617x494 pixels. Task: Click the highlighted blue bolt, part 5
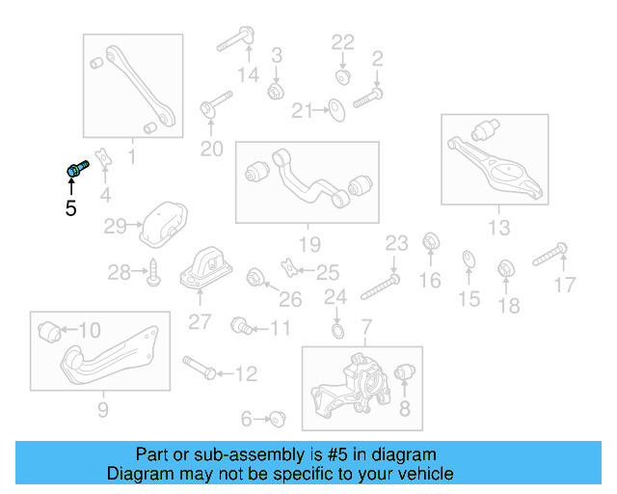tap(76, 170)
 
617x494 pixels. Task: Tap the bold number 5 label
tap(70, 206)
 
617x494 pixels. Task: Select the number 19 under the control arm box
tap(308, 243)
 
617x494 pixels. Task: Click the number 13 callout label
tap(498, 228)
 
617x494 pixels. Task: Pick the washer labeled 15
tap(469, 260)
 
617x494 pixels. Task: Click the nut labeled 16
tap(431, 241)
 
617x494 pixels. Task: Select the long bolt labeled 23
tap(380, 285)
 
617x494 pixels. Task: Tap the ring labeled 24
tap(335, 333)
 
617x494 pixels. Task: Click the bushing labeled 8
tap(405, 372)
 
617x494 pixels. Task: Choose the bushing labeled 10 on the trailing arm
tap(49, 332)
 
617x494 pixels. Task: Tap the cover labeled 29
tap(160, 224)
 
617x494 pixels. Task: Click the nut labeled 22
tap(343, 76)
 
